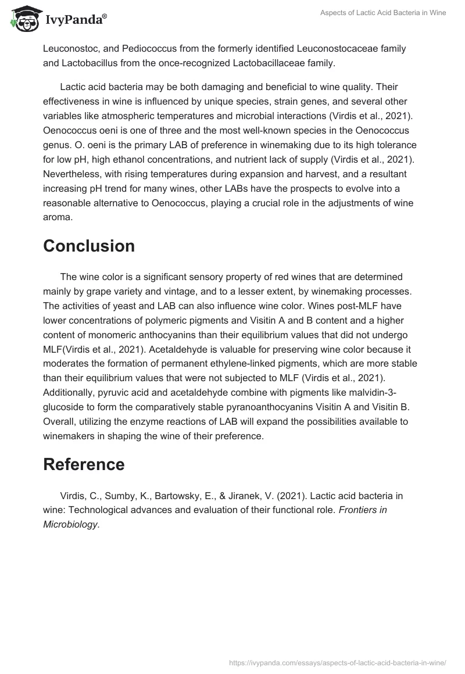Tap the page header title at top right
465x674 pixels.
click(x=383, y=13)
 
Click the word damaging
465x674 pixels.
click(x=224, y=87)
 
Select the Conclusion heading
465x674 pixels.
click(x=89, y=246)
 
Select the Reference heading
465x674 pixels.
click(x=84, y=464)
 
